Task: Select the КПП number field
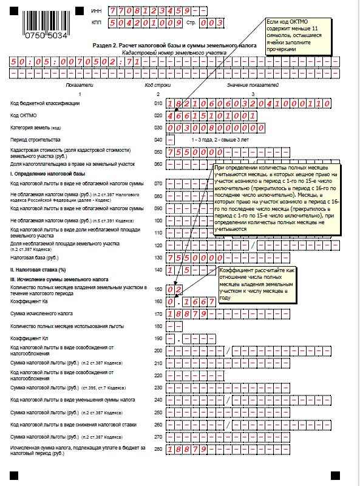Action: coord(144,23)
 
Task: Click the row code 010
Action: coord(158,104)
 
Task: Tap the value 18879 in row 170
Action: coord(188,314)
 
